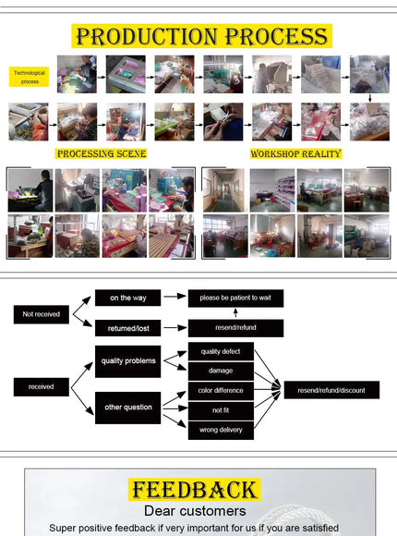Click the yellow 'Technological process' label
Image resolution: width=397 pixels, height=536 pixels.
coord(29,77)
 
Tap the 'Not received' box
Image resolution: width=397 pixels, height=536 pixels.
coord(42,314)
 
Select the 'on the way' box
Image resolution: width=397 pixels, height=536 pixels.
coord(127,298)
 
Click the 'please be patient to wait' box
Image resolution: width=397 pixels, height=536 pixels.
coord(235,298)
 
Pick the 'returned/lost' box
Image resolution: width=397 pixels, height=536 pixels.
coord(127,328)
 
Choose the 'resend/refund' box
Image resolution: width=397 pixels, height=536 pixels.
coord(235,328)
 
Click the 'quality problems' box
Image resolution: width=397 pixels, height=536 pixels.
coord(127,361)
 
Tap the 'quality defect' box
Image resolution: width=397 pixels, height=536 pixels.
coord(221,351)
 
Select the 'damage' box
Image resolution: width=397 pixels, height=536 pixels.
coord(221,371)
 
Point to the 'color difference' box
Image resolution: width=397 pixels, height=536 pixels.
coord(221,391)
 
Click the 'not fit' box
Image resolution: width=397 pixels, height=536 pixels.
coord(221,410)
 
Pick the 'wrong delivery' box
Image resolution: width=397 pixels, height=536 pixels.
coord(221,431)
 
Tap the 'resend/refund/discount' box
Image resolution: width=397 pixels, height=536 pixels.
coord(331,390)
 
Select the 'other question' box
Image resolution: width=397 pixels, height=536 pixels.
coord(127,408)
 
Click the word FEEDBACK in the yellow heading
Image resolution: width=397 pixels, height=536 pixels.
coord(195,490)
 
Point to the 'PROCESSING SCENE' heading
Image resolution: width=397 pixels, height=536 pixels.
coord(102,153)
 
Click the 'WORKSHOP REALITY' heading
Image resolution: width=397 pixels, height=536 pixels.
coord(295,153)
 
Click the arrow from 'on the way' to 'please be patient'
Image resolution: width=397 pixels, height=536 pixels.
coord(174,297)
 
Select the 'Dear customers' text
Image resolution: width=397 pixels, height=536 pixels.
coord(195,511)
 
